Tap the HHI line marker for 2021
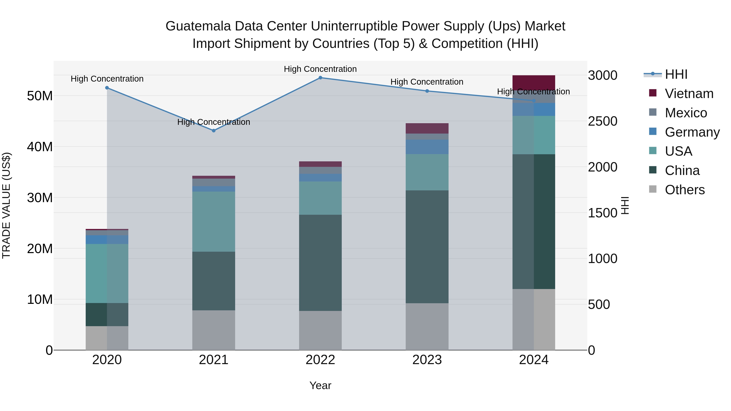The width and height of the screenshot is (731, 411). pyautogui.click(x=214, y=131)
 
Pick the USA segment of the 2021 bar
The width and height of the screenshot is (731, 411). pyautogui.click(x=214, y=221)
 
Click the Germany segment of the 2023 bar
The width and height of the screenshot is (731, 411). pyautogui.click(x=427, y=147)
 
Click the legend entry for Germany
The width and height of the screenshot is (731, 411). pyautogui.click(x=692, y=132)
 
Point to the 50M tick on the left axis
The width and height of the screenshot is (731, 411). pyautogui.click(x=40, y=96)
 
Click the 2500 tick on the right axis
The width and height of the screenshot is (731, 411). pyautogui.click(x=602, y=121)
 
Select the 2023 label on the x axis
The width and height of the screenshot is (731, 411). pyautogui.click(x=427, y=360)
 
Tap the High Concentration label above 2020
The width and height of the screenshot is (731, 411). pyautogui.click(x=107, y=79)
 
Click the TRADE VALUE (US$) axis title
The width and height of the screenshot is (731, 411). pyautogui.click(x=6, y=205)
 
